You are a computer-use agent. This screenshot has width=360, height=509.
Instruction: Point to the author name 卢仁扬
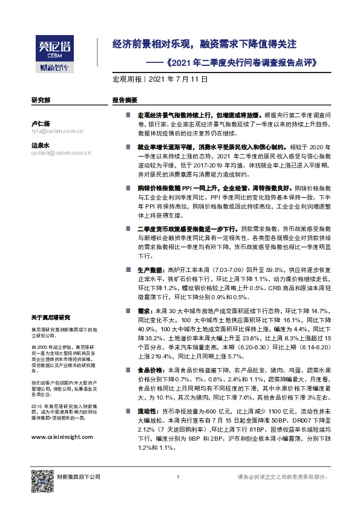41,123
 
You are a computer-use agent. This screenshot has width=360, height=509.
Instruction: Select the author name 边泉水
41,146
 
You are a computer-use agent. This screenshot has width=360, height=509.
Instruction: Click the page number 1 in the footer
178,478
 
